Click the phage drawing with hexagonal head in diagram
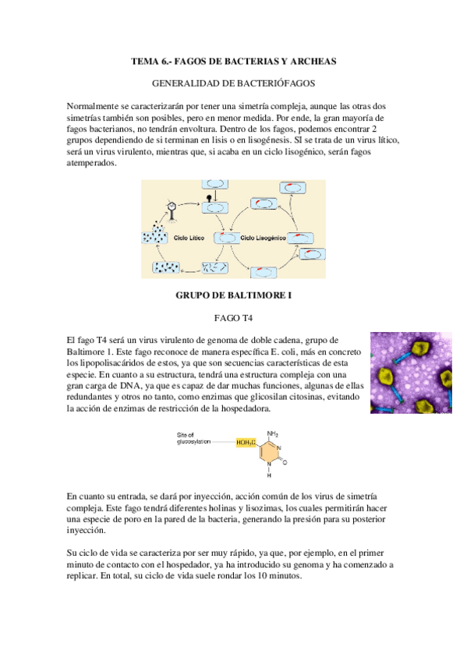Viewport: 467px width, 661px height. click(x=171, y=209)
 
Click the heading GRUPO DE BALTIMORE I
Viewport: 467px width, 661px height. click(x=234, y=296)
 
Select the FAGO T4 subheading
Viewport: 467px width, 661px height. click(x=234, y=318)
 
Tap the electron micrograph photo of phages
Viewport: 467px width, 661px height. click(x=410, y=373)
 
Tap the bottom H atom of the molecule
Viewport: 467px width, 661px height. click(x=269, y=475)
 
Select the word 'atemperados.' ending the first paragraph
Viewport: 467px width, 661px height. click(x=91, y=164)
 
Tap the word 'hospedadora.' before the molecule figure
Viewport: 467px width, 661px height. click(x=246, y=408)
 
